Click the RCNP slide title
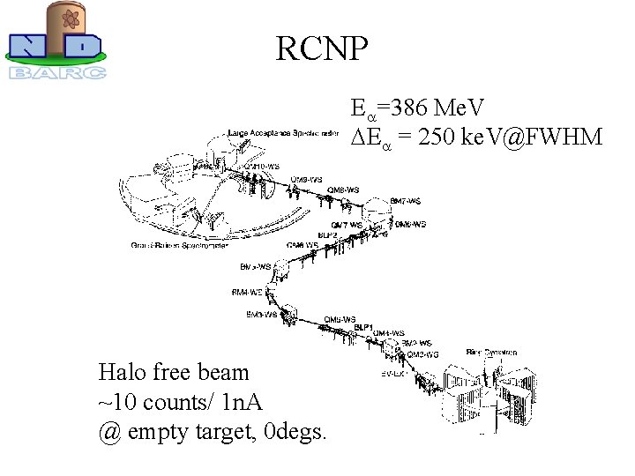click(x=321, y=49)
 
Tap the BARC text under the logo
click(x=58, y=72)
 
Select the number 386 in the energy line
click(x=414, y=109)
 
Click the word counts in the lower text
click(x=177, y=403)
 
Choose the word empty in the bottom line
click(x=163, y=433)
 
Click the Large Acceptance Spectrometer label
click(x=282, y=133)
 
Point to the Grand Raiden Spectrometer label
click(x=180, y=246)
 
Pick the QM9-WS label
click(x=305, y=180)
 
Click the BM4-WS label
click(x=246, y=292)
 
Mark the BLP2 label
click(x=327, y=235)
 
